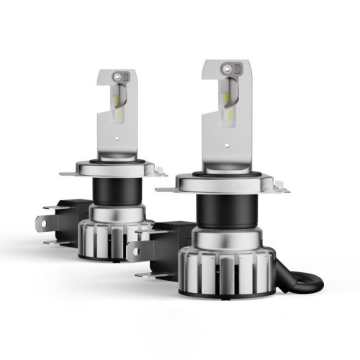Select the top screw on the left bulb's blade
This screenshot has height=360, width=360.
point(125,74)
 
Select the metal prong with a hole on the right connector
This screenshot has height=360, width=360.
point(135,248)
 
